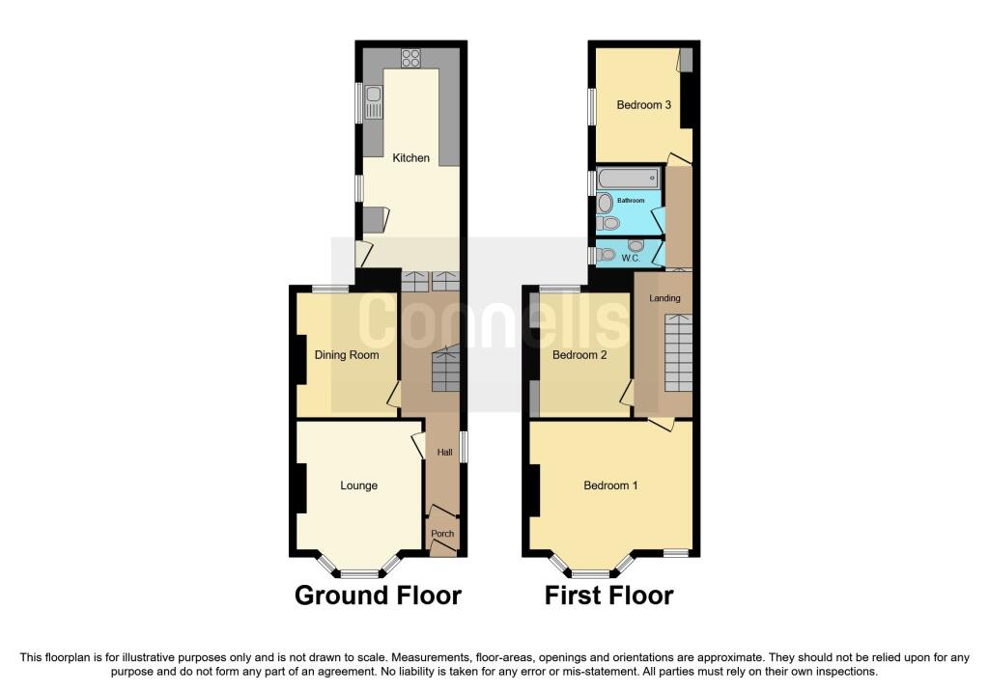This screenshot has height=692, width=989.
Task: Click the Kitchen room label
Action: pyautogui.click(x=410, y=157)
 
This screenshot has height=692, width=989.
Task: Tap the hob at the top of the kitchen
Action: pyautogui.click(x=410, y=59)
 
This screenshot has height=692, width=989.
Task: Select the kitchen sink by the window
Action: pyautogui.click(x=374, y=102)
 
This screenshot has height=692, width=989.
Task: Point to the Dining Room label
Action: pyautogui.click(x=347, y=355)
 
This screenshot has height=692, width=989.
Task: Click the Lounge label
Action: pyautogui.click(x=358, y=485)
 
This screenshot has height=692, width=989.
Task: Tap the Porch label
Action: pyautogui.click(x=442, y=533)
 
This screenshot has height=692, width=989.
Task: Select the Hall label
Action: pyautogui.click(x=444, y=452)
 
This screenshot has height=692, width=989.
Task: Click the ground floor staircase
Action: pyautogui.click(x=445, y=370)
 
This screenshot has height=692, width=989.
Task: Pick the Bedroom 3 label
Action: pyautogui.click(x=643, y=104)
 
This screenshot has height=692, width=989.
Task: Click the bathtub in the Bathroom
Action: pyautogui.click(x=629, y=178)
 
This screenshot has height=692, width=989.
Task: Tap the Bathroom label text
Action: pyautogui.click(x=631, y=201)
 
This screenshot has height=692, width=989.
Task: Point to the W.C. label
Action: pyautogui.click(x=631, y=259)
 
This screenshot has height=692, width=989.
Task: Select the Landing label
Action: pyautogui.click(x=664, y=298)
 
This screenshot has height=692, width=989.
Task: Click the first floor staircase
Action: pyautogui.click(x=679, y=353)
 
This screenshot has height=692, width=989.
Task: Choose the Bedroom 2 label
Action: pyautogui.click(x=579, y=355)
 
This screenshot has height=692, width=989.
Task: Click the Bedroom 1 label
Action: pyautogui.click(x=610, y=485)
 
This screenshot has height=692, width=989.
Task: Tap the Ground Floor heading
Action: pyautogui.click(x=378, y=595)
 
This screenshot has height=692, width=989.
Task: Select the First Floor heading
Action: pyautogui.click(x=608, y=595)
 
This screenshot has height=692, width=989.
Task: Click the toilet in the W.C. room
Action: pyautogui.click(x=606, y=255)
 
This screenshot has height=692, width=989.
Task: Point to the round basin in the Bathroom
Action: pyautogui.click(x=605, y=203)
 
